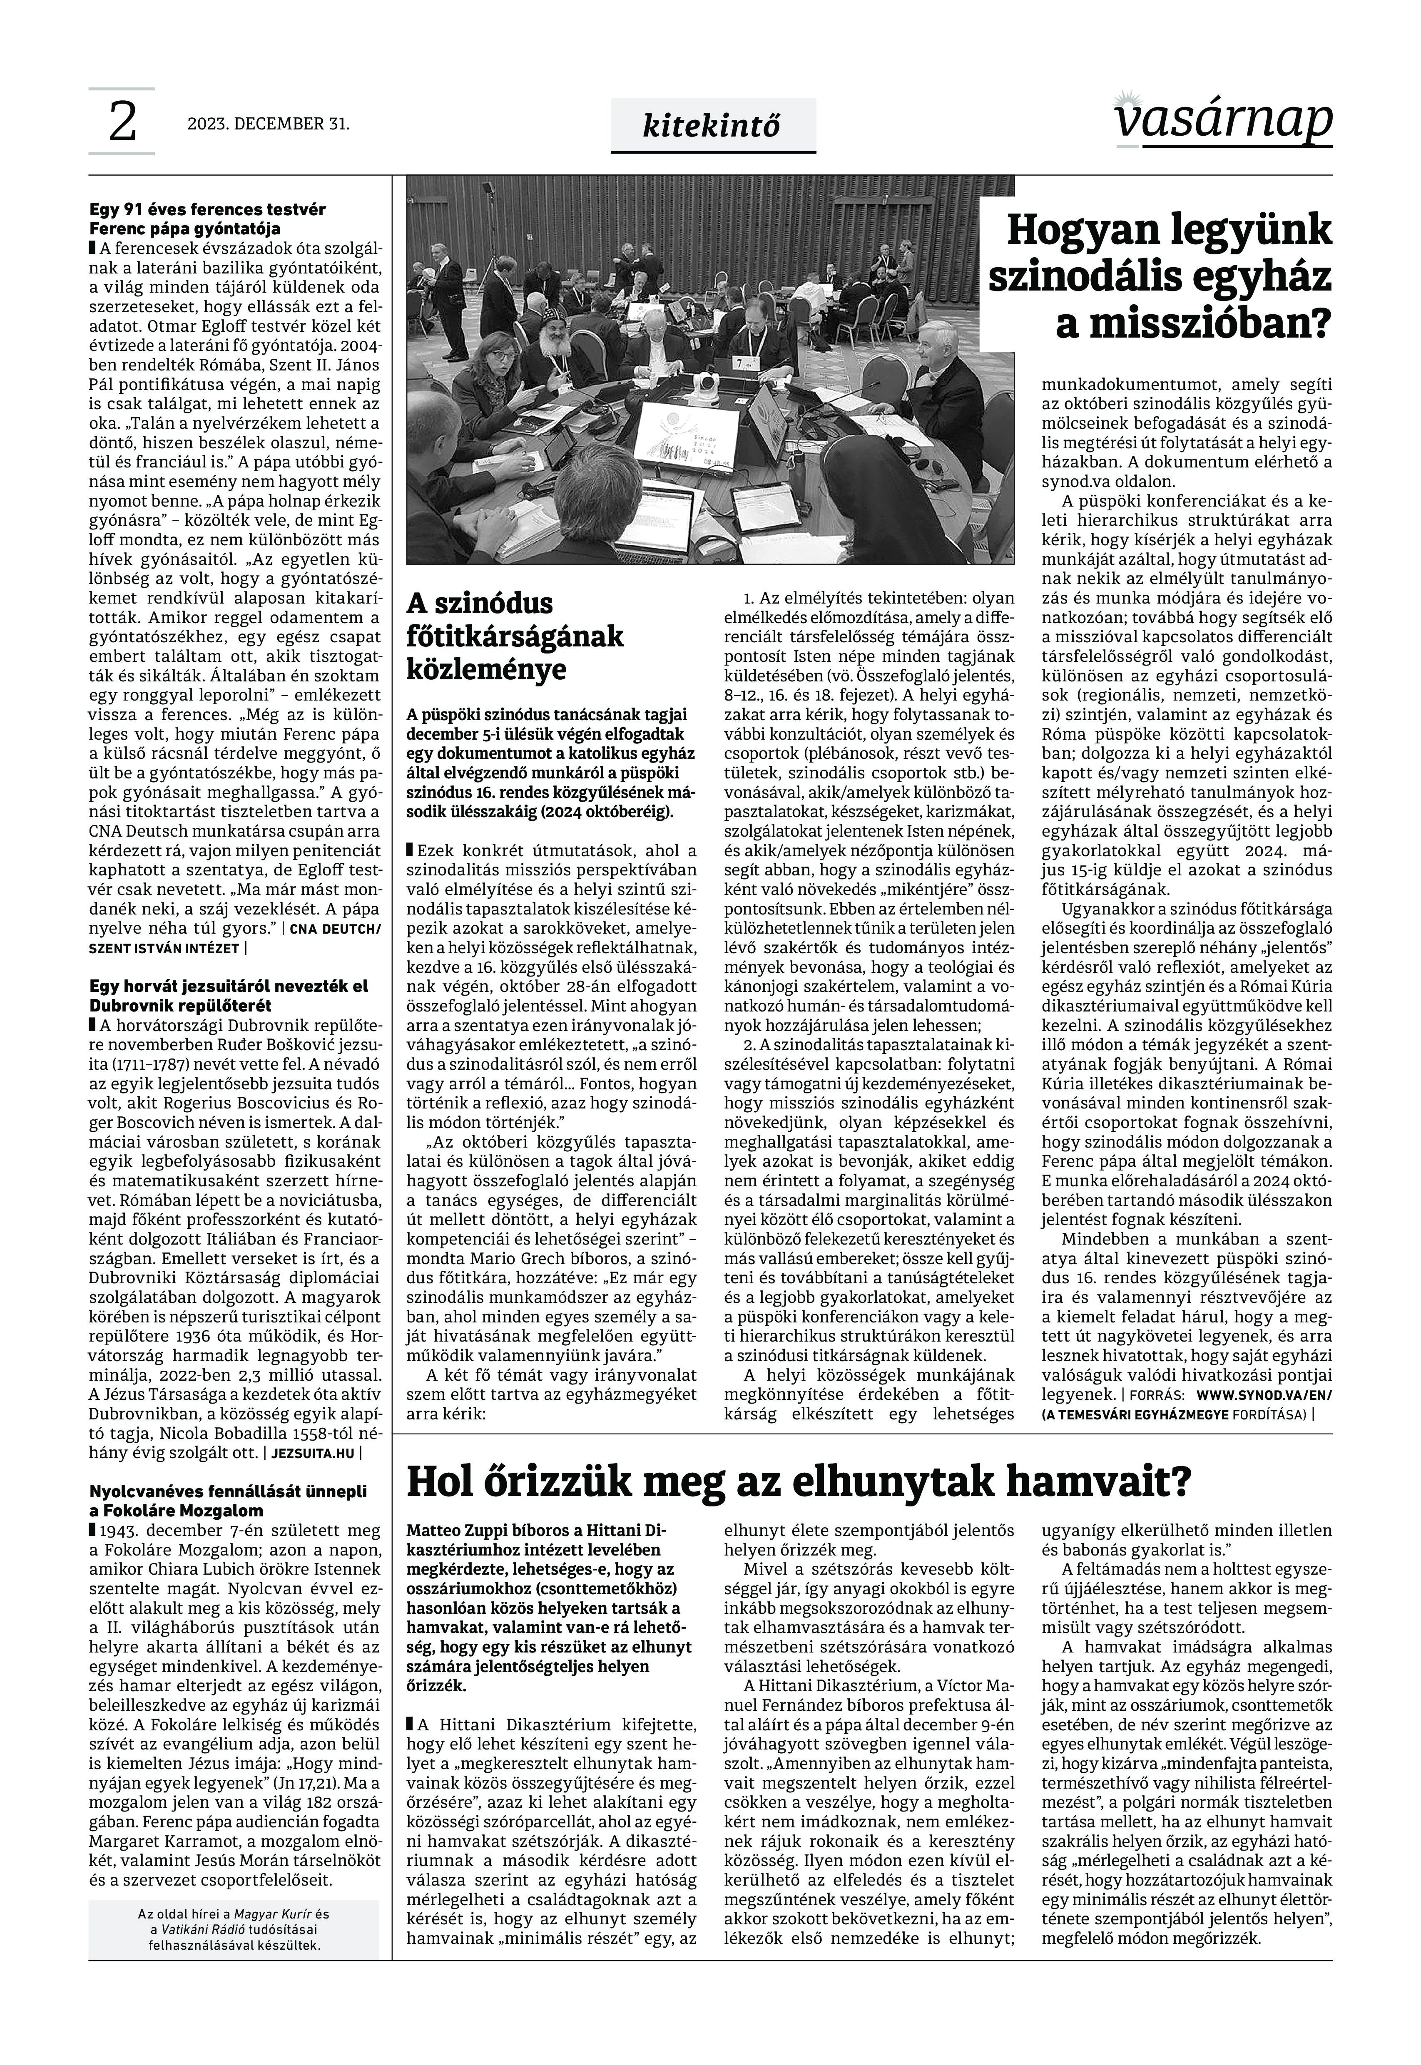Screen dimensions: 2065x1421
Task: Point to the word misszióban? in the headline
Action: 1193,324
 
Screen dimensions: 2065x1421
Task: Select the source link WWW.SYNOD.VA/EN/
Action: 1263,1396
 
